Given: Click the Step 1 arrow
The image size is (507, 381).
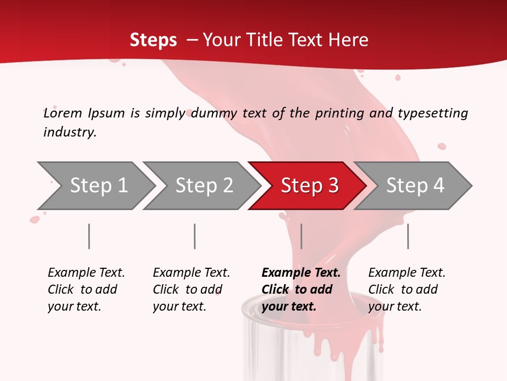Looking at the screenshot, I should (98, 185).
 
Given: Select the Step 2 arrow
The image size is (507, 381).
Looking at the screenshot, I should (203, 185).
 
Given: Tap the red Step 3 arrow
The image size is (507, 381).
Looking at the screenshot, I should (309, 185).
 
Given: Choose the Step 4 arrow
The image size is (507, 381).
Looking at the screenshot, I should (415, 185).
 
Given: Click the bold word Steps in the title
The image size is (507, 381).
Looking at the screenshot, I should (153, 40).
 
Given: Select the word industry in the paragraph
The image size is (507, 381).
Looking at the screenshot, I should (70, 132).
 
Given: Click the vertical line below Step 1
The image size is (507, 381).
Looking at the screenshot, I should (89, 236).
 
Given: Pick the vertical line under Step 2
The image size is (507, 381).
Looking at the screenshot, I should (195, 236).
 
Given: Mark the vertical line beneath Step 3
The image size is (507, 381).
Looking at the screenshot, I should (301, 236).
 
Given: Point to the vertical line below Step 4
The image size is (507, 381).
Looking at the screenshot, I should (408, 236).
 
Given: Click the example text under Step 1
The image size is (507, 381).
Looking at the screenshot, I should (86, 289).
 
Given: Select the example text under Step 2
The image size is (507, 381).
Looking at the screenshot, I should (191, 289).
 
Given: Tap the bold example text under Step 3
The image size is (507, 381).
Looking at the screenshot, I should (301, 289).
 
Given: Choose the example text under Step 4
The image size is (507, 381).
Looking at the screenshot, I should (407, 289).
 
